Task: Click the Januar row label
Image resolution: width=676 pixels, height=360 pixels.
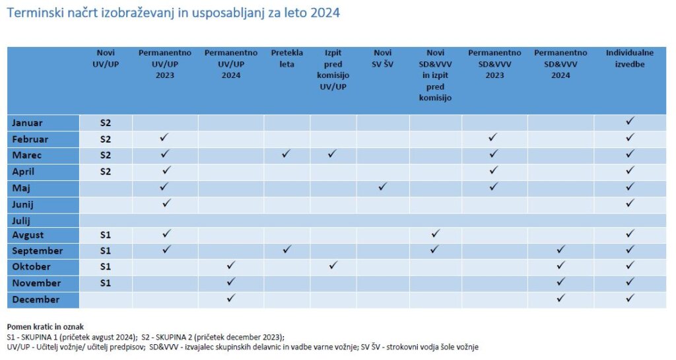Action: pyautogui.click(x=27, y=123)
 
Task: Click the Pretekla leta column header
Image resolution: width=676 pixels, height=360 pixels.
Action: pyautogui.click(x=287, y=58)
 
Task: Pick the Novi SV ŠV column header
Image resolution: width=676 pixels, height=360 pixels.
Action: pyautogui.click(x=382, y=58)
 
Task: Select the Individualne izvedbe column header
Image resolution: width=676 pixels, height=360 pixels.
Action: pyautogui.click(x=630, y=58)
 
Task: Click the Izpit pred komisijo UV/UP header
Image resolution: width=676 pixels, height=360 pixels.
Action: pyautogui.click(x=332, y=69)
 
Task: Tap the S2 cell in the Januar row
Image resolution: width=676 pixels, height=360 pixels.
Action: pyautogui.click(x=106, y=123)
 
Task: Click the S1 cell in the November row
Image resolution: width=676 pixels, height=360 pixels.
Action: pyautogui.click(x=106, y=283)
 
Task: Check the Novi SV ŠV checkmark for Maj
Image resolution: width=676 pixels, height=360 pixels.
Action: pyautogui.click(x=382, y=187)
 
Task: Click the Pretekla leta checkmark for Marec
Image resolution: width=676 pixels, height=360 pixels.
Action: pyautogui.click(x=286, y=154)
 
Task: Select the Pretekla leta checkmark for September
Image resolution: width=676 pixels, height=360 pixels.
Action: pyautogui.click(x=286, y=250)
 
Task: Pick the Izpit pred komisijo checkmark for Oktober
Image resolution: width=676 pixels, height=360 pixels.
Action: pyautogui.click(x=333, y=266)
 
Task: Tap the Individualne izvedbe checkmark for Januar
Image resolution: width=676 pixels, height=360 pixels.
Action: pyautogui.click(x=630, y=122)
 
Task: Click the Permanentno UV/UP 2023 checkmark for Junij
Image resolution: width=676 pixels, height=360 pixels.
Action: pyautogui.click(x=166, y=203)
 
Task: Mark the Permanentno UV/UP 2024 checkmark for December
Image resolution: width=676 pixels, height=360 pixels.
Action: pyautogui.click(x=230, y=298)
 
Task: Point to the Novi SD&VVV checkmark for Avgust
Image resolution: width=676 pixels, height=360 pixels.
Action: pyautogui.click(x=434, y=234)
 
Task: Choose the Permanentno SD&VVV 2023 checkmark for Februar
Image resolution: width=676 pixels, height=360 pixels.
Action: pyautogui.click(x=492, y=137)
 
